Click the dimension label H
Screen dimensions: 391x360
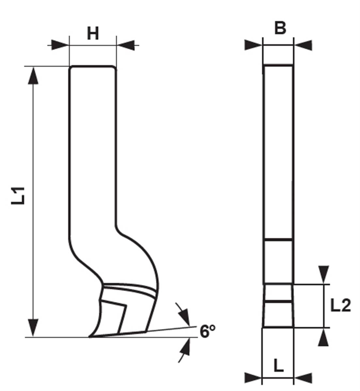tap(93, 34)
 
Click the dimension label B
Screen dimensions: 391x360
tap(280, 28)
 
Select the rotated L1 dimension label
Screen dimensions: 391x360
tap(18, 195)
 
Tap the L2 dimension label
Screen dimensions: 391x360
tap(340, 306)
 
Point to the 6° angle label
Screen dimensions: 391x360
tap(208, 332)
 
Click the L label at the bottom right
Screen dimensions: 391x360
tap(278, 366)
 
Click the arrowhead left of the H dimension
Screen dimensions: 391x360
tap(60, 45)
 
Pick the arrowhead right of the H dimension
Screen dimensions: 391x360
tap(126, 45)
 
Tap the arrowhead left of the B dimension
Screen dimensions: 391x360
tap(253, 45)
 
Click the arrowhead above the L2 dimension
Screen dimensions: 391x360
tap(323, 274)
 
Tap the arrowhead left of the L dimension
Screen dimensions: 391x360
tap(253, 378)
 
